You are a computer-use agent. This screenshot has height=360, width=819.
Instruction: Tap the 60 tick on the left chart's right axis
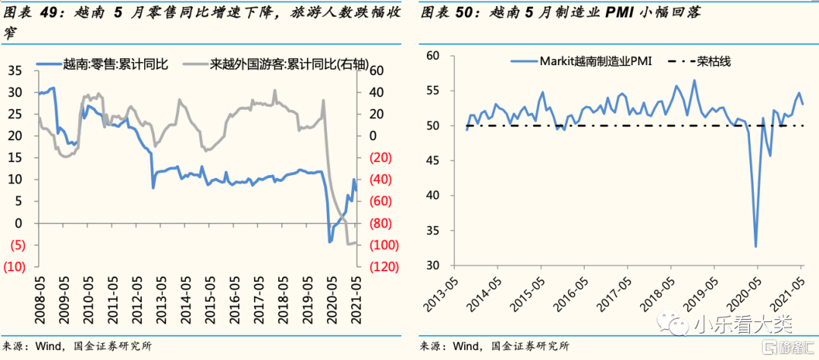click(x=377, y=71)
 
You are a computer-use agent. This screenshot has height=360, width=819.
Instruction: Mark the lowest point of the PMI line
click(x=755, y=246)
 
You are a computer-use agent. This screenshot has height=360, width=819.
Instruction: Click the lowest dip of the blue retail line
click(x=329, y=242)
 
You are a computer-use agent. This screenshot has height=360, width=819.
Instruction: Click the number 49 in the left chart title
click(x=48, y=12)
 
